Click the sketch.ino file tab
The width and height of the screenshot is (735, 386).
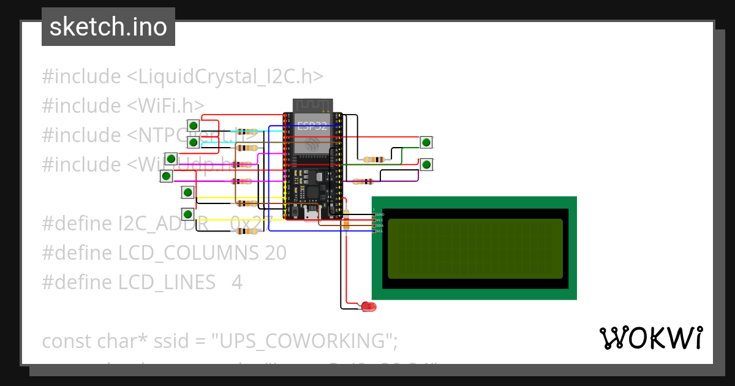coord(108,28)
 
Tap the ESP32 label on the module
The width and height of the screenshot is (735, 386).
coord(312,127)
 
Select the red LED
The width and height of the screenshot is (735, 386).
coord(368,306)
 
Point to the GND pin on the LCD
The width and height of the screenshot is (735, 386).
coord(375,214)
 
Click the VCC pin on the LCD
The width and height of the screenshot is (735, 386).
coord(375,220)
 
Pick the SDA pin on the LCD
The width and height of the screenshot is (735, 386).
coord(375,225)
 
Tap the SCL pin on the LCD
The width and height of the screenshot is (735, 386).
coord(375,231)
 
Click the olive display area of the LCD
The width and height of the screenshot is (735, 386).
coord(475,249)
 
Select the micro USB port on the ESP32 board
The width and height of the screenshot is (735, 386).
coord(312,213)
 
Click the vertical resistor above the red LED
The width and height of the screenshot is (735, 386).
coord(346,219)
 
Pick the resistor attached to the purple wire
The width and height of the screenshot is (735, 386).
coord(364,181)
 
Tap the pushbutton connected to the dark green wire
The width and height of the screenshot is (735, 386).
coord(426,143)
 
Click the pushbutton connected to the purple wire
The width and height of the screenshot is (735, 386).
coord(426,164)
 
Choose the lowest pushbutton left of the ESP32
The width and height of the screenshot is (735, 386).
coord(188,214)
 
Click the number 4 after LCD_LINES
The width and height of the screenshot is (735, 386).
coord(237,282)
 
